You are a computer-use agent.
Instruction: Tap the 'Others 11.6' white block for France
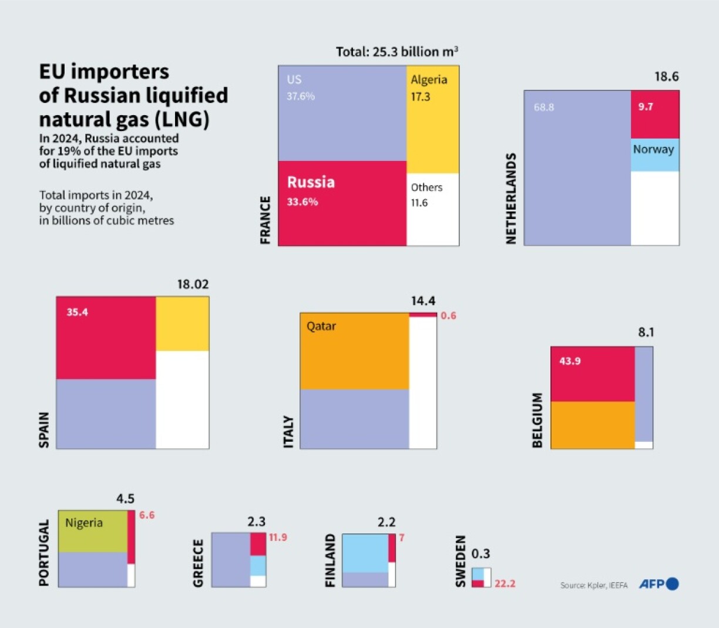point(432,209)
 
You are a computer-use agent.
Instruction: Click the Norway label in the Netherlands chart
point(653,150)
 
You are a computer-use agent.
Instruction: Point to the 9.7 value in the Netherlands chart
point(646,107)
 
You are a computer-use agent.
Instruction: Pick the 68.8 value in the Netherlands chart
point(543,108)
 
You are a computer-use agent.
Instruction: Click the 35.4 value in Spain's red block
point(77,312)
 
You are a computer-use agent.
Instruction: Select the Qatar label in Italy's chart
point(321,326)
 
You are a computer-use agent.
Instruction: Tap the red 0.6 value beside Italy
point(448,315)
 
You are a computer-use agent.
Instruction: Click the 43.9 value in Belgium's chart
point(570,361)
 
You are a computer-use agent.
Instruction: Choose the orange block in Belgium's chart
point(592,425)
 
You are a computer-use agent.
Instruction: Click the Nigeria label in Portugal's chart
point(83,523)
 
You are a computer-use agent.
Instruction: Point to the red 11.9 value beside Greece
point(278,537)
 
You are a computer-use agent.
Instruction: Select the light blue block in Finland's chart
point(364,552)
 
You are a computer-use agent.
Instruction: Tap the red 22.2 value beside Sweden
point(505,583)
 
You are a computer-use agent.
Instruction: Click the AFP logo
point(658,584)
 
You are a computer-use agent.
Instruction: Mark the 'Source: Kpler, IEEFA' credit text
point(594,585)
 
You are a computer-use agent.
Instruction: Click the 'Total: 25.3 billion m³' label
point(397,52)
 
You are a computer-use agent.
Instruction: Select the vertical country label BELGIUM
point(537,420)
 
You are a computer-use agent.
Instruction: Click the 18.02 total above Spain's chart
point(193,284)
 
